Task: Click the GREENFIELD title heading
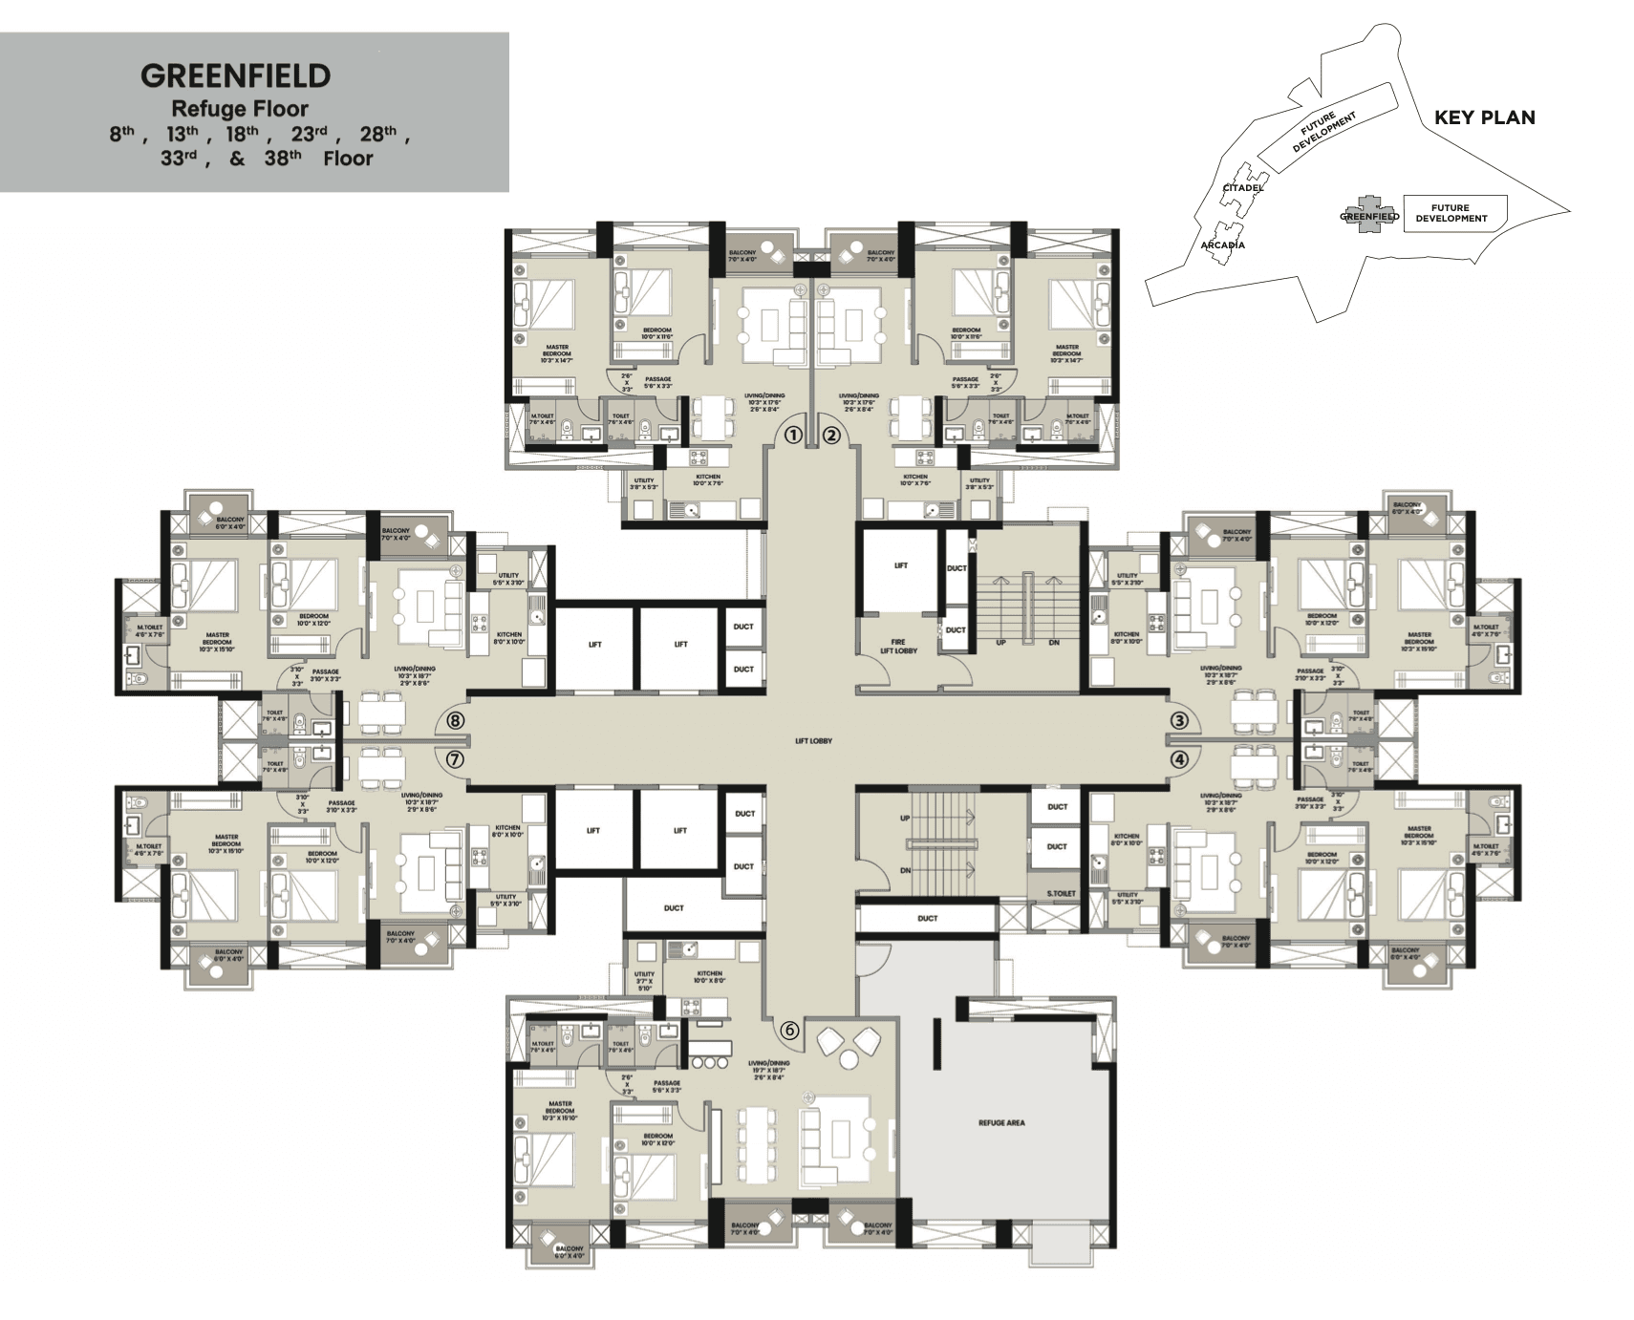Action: tap(235, 76)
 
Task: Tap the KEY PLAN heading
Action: tap(1484, 117)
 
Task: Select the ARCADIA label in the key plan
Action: tap(1222, 245)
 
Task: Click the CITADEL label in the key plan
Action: tap(1243, 188)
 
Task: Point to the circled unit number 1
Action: tap(792, 436)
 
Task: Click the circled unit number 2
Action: tap(831, 436)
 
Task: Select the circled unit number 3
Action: tap(1180, 720)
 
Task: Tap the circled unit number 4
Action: tap(1180, 760)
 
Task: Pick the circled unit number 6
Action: tap(789, 1031)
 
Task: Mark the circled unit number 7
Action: tap(455, 760)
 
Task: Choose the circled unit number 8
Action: tap(455, 720)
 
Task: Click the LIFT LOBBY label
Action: tap(813, 741)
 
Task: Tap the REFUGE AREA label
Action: tap(1001, 1123)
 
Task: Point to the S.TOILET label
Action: tap(1061, 893)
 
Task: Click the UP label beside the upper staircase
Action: tap(1000, 643)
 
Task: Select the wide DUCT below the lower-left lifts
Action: tap(674, 908)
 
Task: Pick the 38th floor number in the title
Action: tap(282, 159)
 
